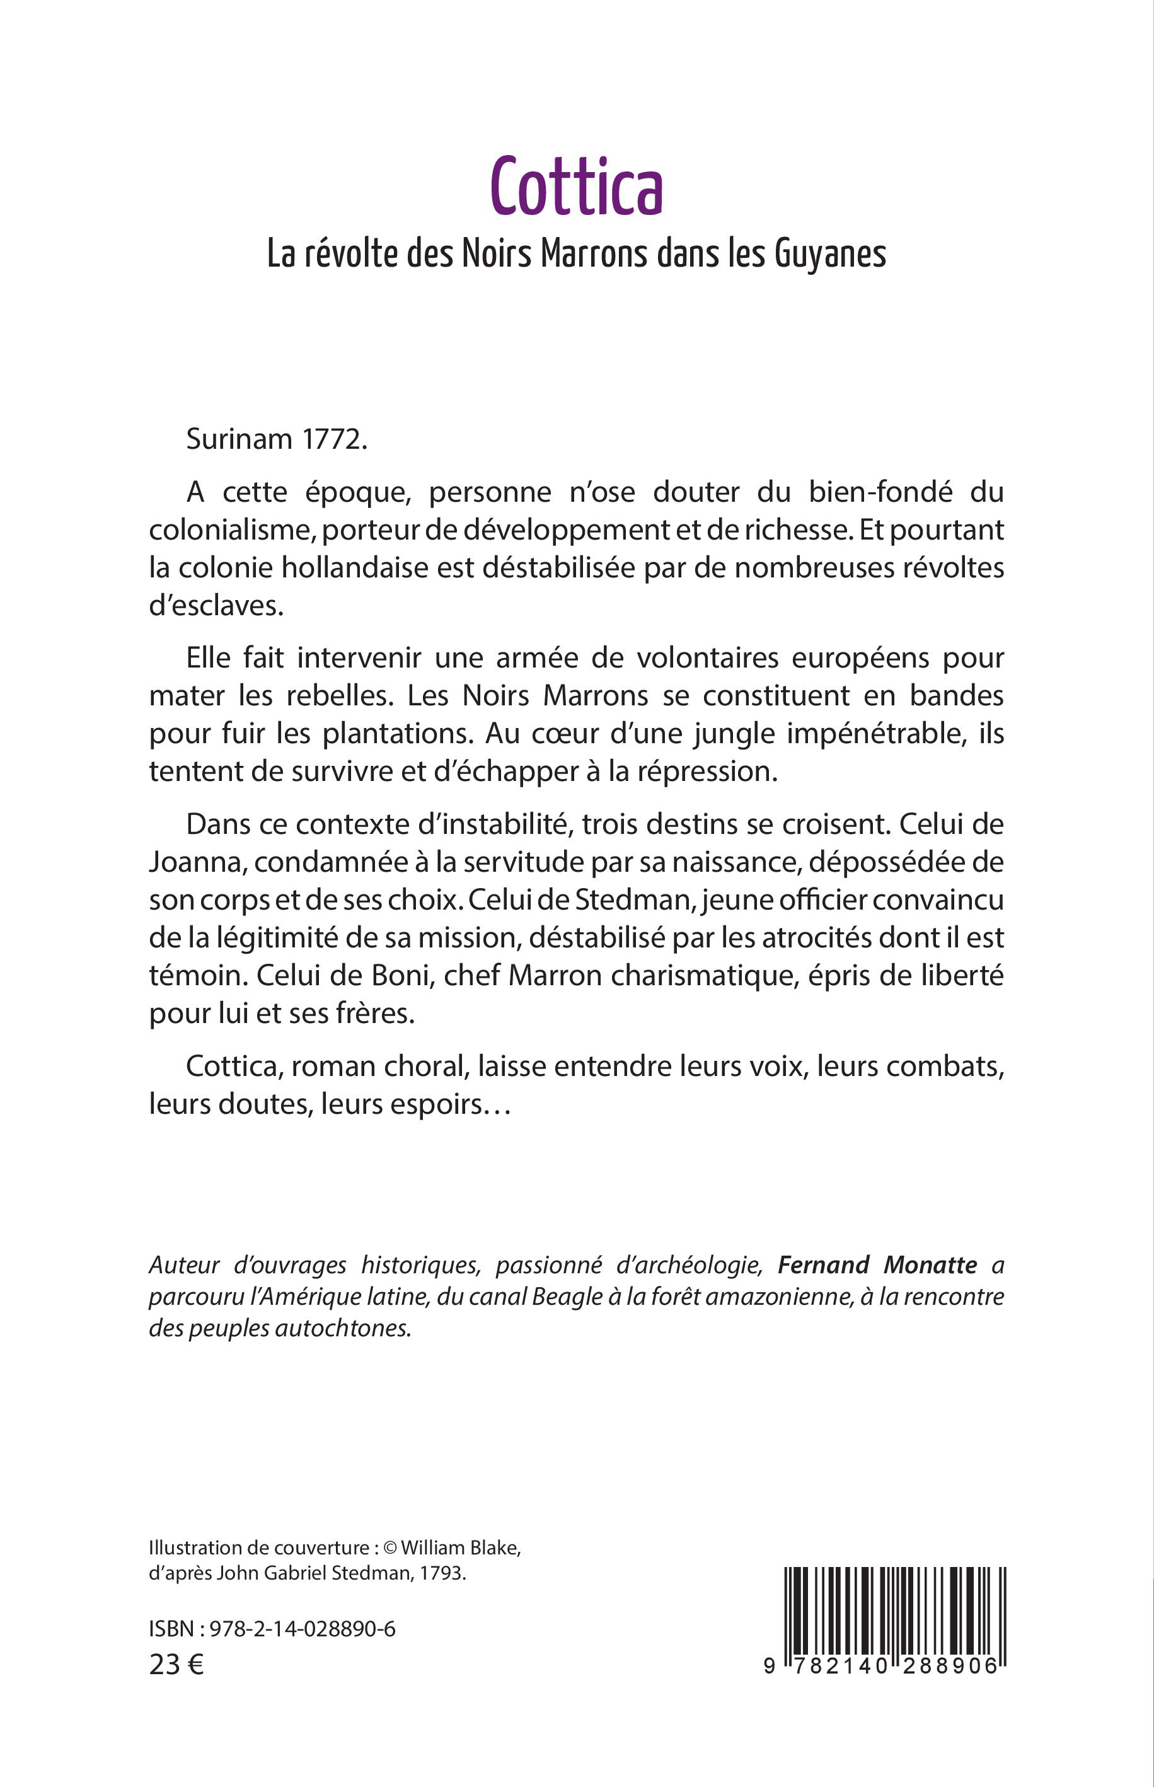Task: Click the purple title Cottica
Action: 577,187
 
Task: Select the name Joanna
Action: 194,863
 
